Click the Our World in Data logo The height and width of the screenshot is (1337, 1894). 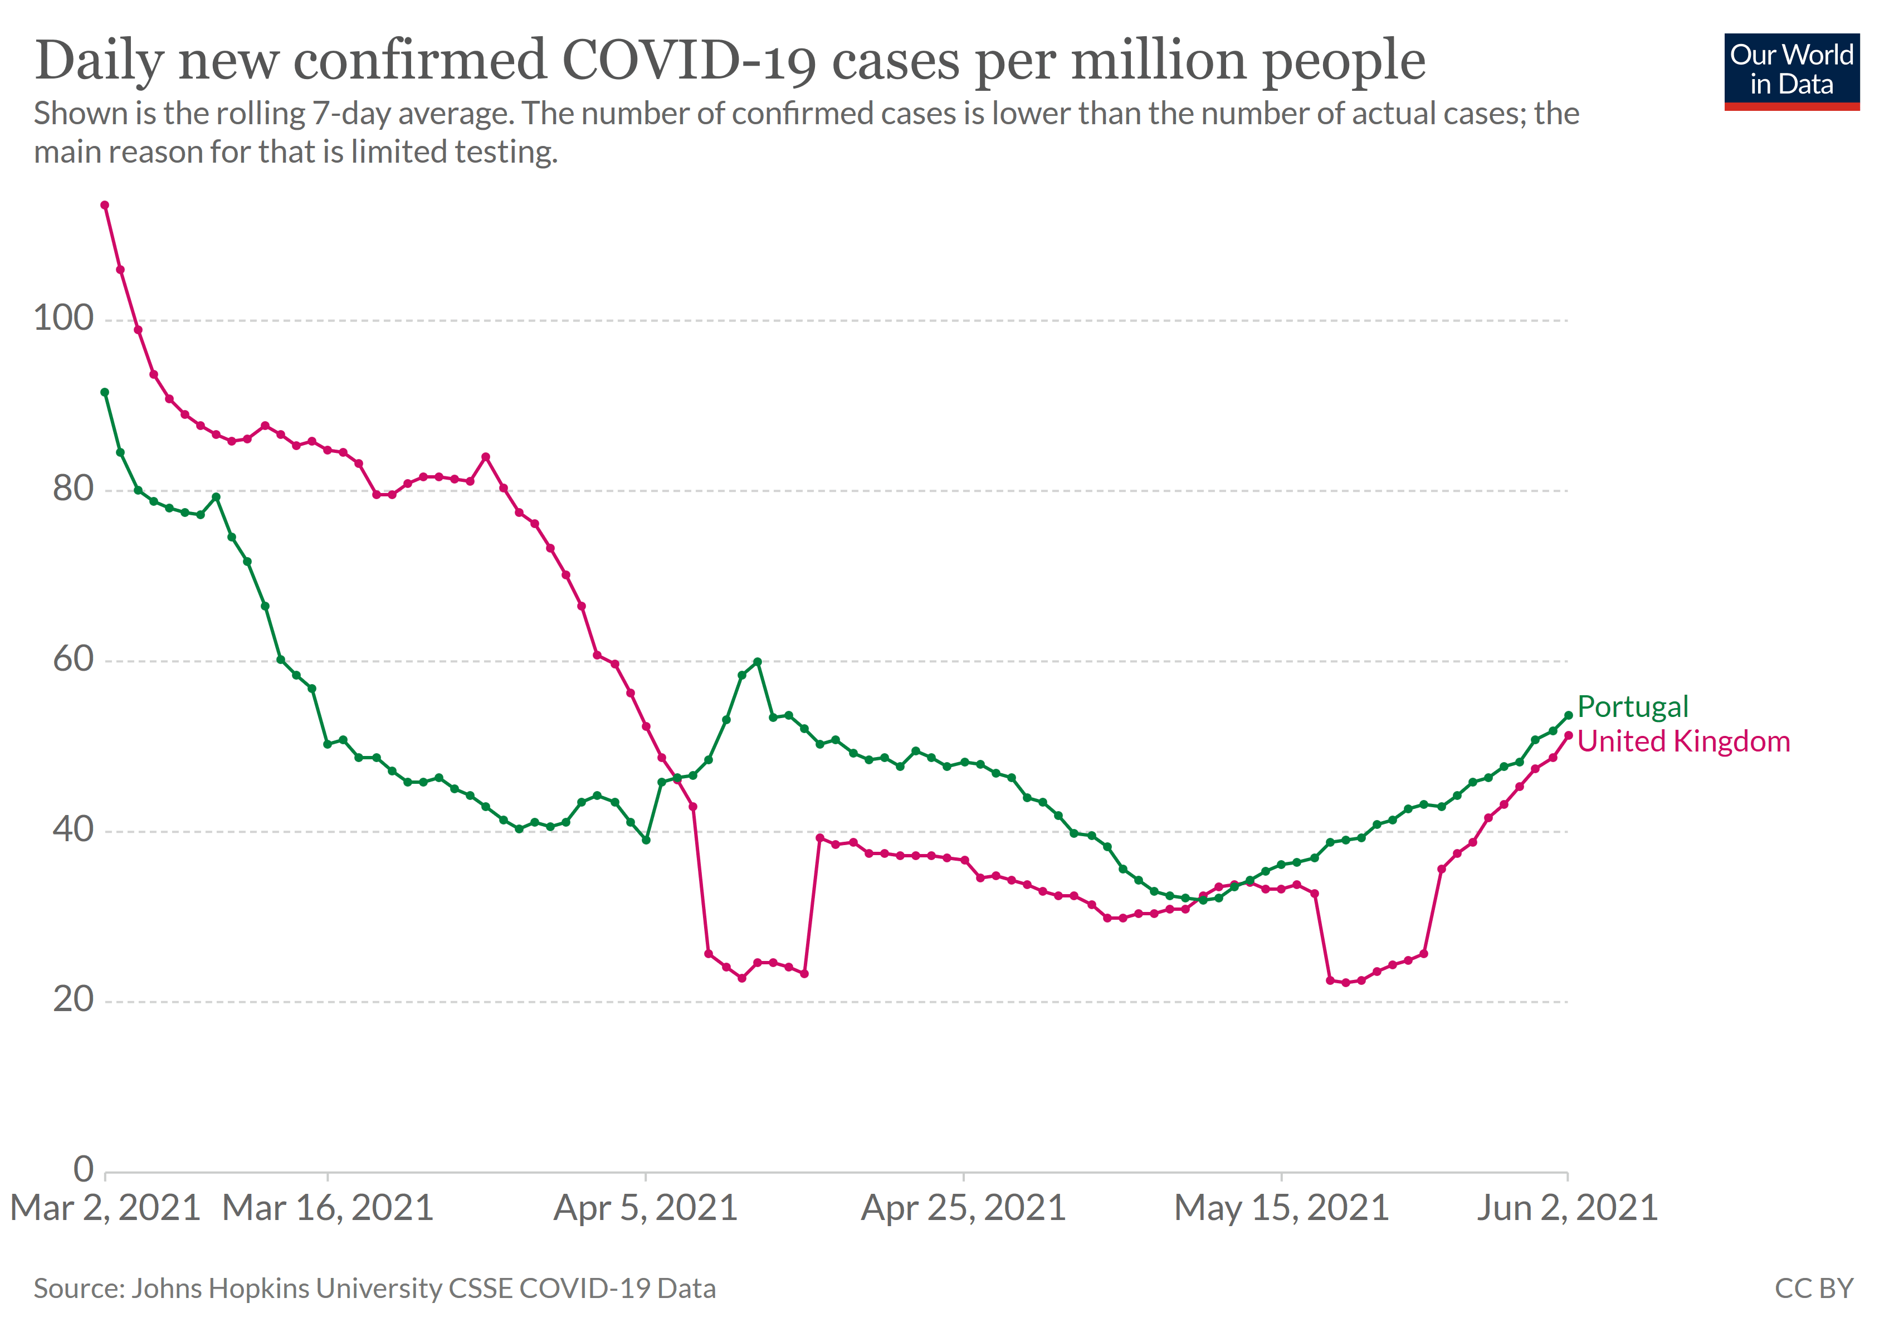pos(1791,71)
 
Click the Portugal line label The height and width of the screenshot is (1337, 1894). pos(1633,707)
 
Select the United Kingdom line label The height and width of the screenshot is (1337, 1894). pos(1683,741)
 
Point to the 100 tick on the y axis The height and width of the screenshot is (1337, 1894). pos(64,318)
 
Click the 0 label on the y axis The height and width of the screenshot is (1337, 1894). pos(84,1169)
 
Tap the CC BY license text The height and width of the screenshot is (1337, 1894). pos(1813,1289)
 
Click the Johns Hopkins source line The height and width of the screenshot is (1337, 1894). pos(374,1289)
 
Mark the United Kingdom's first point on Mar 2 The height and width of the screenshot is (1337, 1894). pos(105,206)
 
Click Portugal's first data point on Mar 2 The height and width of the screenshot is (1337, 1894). pos(105,393)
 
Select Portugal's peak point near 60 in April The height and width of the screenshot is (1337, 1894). pos(757,661)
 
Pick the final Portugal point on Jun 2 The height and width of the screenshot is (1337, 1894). pos(1568,716)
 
